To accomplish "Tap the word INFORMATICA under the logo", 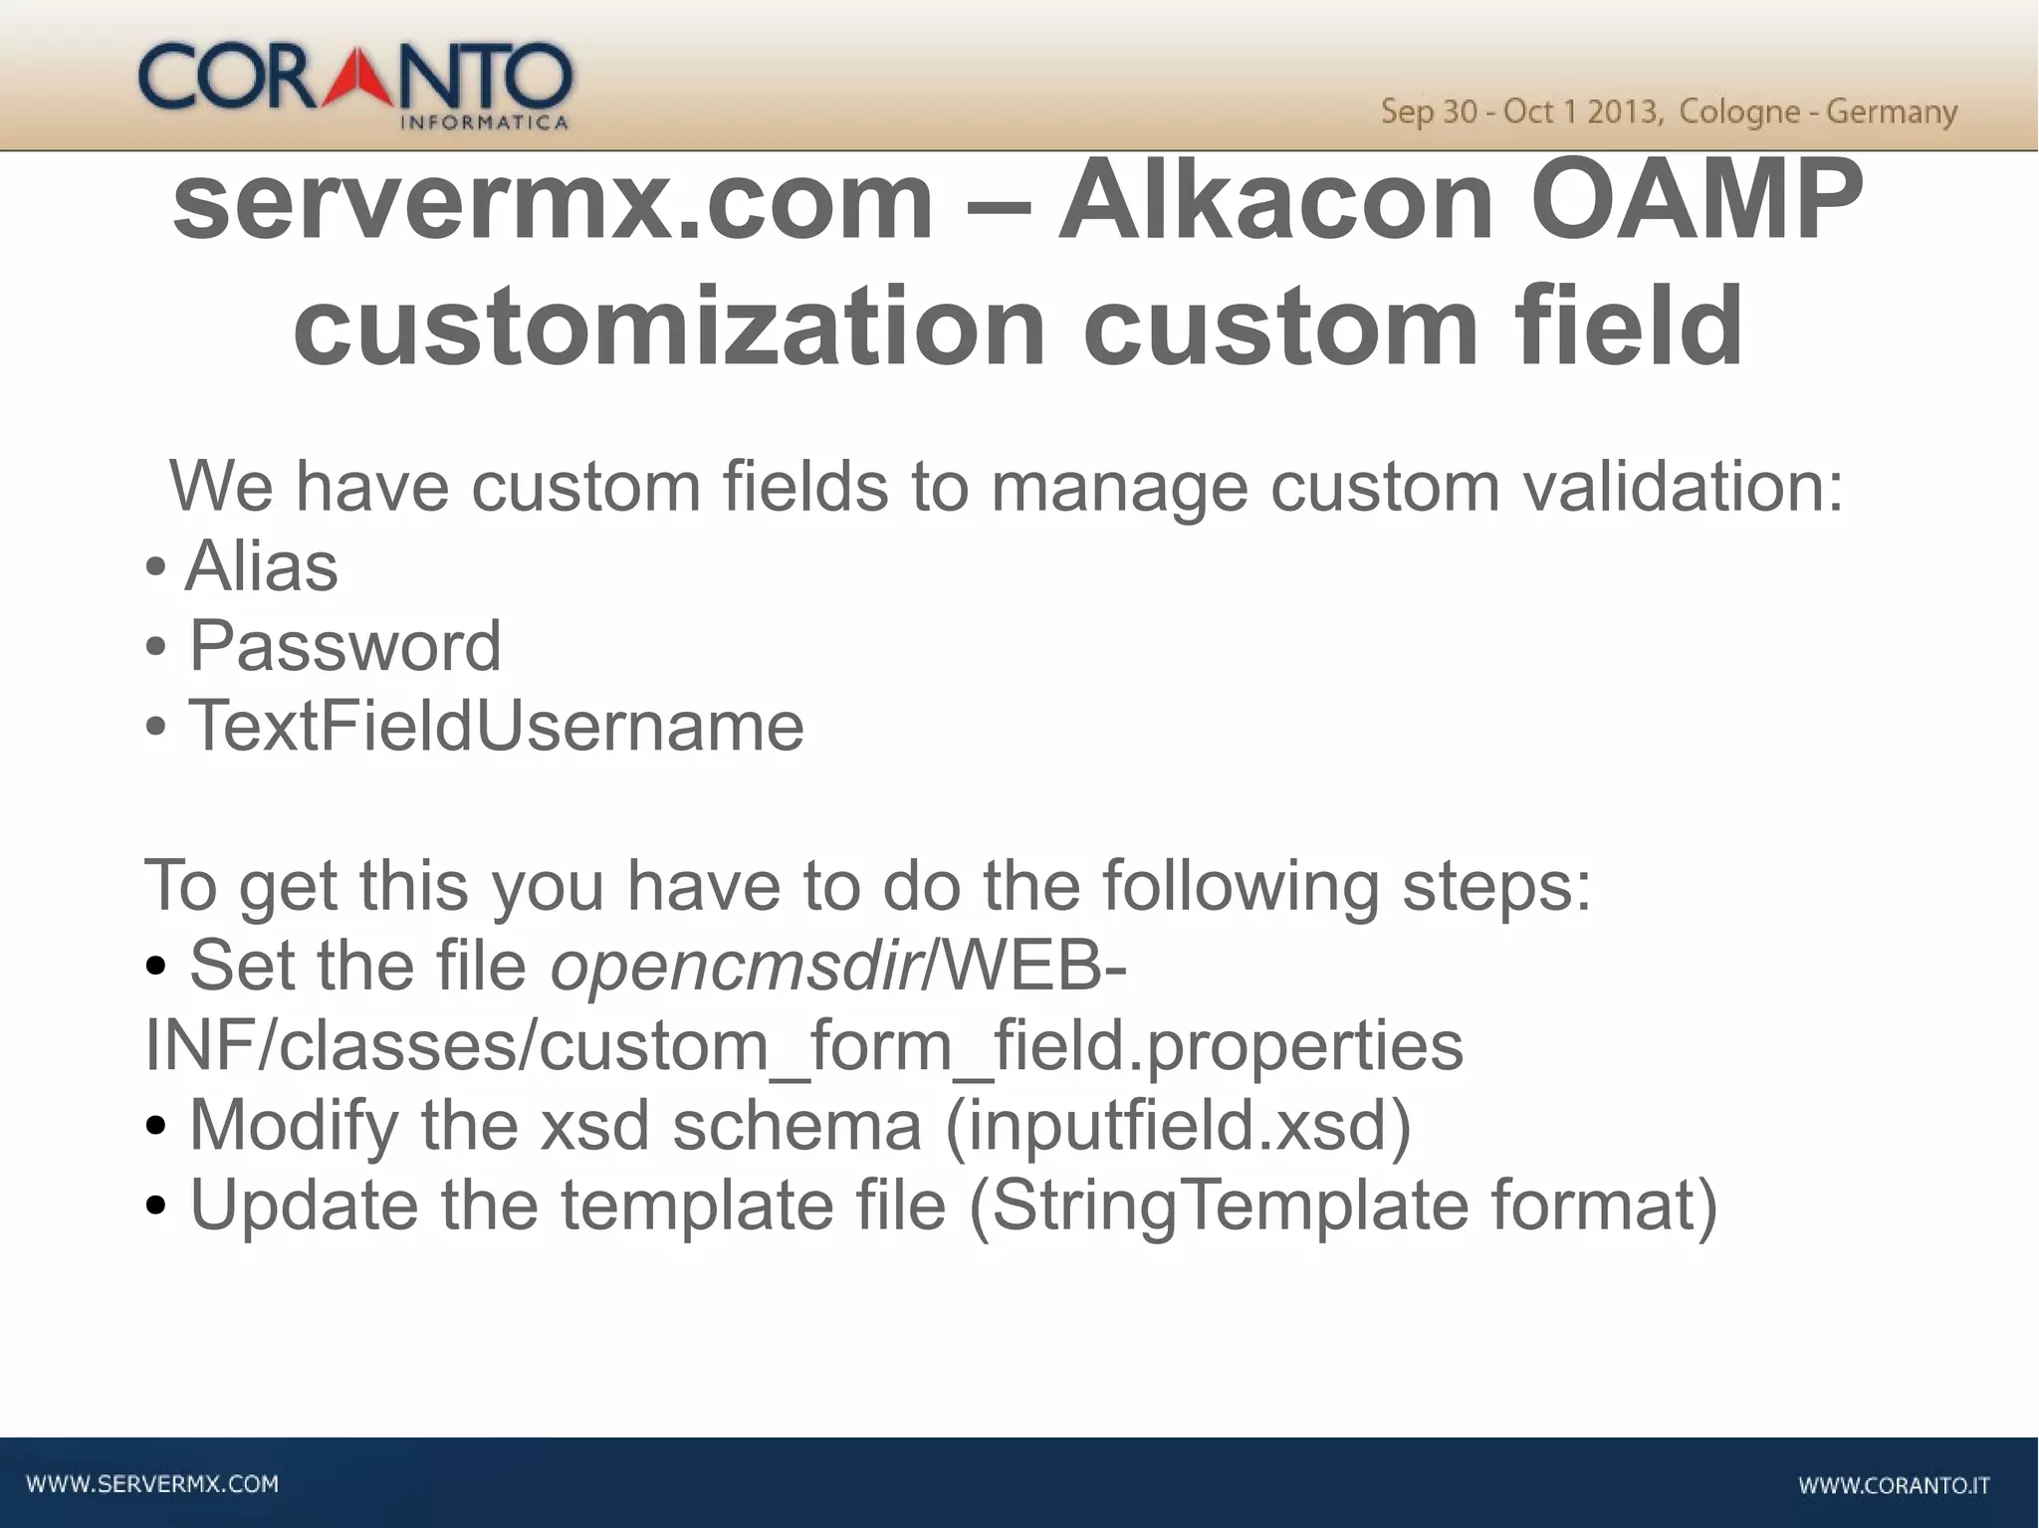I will [x=484, y=123].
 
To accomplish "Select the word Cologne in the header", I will [x=1738, y=111].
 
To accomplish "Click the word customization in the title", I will [x=669, y=327].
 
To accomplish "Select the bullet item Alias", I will [x=262, y=566].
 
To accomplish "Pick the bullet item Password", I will [x=344, y=646].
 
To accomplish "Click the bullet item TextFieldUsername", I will [x=496, y=726].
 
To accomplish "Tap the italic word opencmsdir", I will [x=735, y=966].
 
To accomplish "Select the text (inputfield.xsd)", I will [x=1178, y=1125].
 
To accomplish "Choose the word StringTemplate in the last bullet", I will [x=1230, y=1204].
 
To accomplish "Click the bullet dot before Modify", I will [x=155, y=1128].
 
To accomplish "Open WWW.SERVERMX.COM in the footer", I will [x=152, y=1484].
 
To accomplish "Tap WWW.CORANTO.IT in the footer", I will [x=1894, y=1485].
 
